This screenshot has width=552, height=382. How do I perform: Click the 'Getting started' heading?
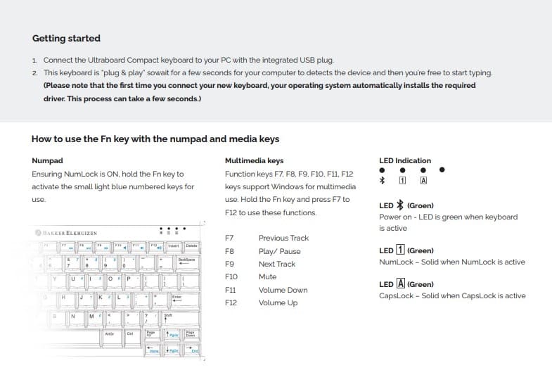click(66, 38)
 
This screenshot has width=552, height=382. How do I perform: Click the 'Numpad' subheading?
click(47, 161)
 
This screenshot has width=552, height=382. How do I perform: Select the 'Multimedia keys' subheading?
click(254, 161)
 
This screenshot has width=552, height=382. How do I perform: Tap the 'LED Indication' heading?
click(404, 160)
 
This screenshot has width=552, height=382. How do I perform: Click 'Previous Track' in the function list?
click(283, 238)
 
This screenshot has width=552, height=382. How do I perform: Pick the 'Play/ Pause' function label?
click(279, 251)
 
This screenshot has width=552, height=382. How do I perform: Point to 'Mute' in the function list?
click(267, 277)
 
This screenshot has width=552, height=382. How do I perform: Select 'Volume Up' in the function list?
click(278, 303)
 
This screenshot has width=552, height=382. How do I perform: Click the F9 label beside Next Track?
click(229, 264)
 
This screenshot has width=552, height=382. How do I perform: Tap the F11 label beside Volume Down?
click(229, 290)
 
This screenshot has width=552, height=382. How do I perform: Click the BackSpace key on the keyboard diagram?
click(186, 261)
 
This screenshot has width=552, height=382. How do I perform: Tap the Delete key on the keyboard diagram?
click(191, 246)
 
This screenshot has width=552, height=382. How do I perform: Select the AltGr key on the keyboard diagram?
click(110, 333)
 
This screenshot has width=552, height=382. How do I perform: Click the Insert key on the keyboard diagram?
click(174, 246)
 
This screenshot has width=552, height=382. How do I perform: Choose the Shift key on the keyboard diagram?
click(168, 316)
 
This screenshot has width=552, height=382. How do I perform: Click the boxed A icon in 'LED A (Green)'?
click(400, 284)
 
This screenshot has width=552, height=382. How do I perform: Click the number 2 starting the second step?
click(35, 72)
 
